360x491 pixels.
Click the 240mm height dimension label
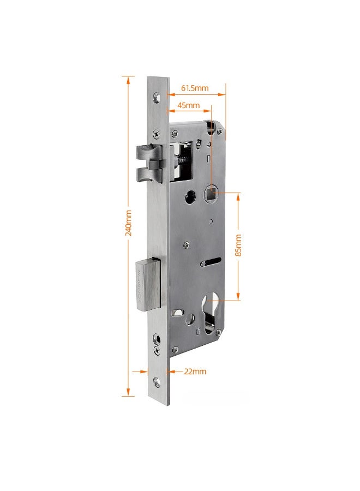pos(128,223)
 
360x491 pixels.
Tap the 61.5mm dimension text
pos(195,88)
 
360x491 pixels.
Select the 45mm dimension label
pos(188,105)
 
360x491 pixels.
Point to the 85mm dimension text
pos(238,245)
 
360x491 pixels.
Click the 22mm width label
pos(195,372)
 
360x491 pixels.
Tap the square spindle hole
pos(212,194)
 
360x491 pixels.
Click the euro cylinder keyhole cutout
pos(210,313)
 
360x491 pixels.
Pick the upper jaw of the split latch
pos(149,152)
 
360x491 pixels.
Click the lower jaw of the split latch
pos(149,175)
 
